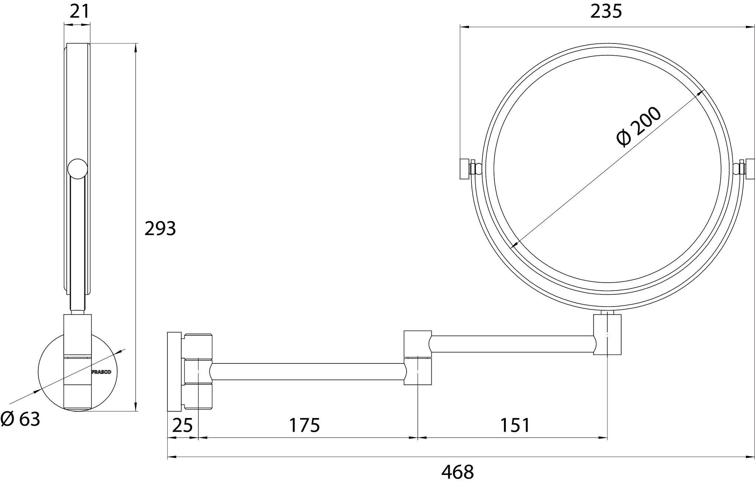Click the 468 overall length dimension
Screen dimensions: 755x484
(457, 472)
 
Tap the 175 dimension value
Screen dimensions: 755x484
(304, 425)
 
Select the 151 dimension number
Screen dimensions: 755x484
(515, 425)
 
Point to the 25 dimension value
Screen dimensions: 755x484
(182, 425)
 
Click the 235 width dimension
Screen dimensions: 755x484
(606, 11)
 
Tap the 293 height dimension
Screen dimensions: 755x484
(160, 229)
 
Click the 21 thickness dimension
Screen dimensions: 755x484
(80, 11)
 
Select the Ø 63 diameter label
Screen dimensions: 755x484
(20, 419)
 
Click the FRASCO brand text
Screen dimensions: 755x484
(101, 372)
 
